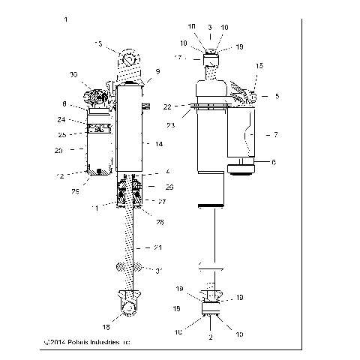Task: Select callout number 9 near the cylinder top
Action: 157,72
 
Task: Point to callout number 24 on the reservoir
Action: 82,118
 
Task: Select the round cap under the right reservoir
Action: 242,169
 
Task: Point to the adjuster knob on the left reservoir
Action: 97,95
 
